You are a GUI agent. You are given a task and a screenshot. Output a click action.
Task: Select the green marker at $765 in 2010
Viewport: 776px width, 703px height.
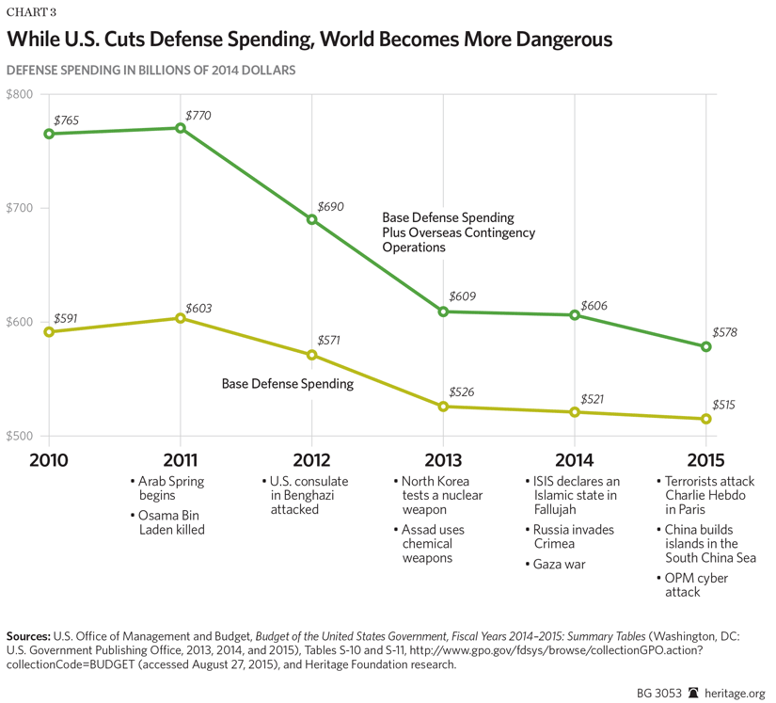[x=49, y=134]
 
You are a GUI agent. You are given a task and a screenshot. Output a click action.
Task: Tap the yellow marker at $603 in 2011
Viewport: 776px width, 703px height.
[x=180, y=318]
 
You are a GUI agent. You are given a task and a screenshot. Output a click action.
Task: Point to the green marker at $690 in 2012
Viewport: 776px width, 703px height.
[x=311, y=219]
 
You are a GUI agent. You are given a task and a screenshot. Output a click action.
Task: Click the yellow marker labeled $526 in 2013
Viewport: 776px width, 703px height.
[x=443, y=407]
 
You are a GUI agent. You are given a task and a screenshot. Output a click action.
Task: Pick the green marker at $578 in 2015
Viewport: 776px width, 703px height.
[x=706, y=346]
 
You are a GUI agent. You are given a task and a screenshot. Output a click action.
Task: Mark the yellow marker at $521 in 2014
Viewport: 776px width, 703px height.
[x=575, y=412]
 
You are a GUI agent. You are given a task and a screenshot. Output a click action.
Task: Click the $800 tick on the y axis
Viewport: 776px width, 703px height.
[x=20, y=94]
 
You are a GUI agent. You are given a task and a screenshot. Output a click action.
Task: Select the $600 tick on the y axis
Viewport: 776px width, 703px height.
[x=20, y=323]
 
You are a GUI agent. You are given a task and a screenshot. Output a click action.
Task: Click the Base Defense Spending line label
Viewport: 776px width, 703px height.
[x=287, y=384]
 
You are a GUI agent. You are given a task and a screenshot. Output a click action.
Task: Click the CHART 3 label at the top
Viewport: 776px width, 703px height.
[x=30, y=12]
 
